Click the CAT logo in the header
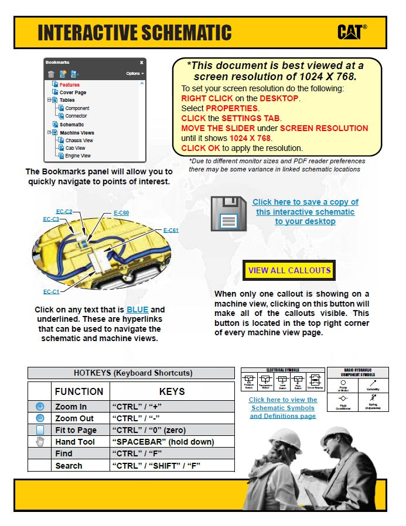[352, 32]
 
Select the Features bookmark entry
[70, 85]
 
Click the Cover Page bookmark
[73, 92]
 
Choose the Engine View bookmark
[78, 156]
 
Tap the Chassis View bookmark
[79, 140]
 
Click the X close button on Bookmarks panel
[141, 62]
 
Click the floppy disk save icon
[228, 214]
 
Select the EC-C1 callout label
[51, 291]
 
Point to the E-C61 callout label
[170, 231]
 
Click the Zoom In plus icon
[40, 406]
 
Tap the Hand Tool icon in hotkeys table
[40, 442]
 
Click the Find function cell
[64, 453]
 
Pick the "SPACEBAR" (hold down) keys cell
[162, 442]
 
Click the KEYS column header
[172, 391]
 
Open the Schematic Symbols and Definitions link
[282, 408]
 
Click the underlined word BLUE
[138, 310]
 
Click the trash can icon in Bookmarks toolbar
[51, 74]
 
